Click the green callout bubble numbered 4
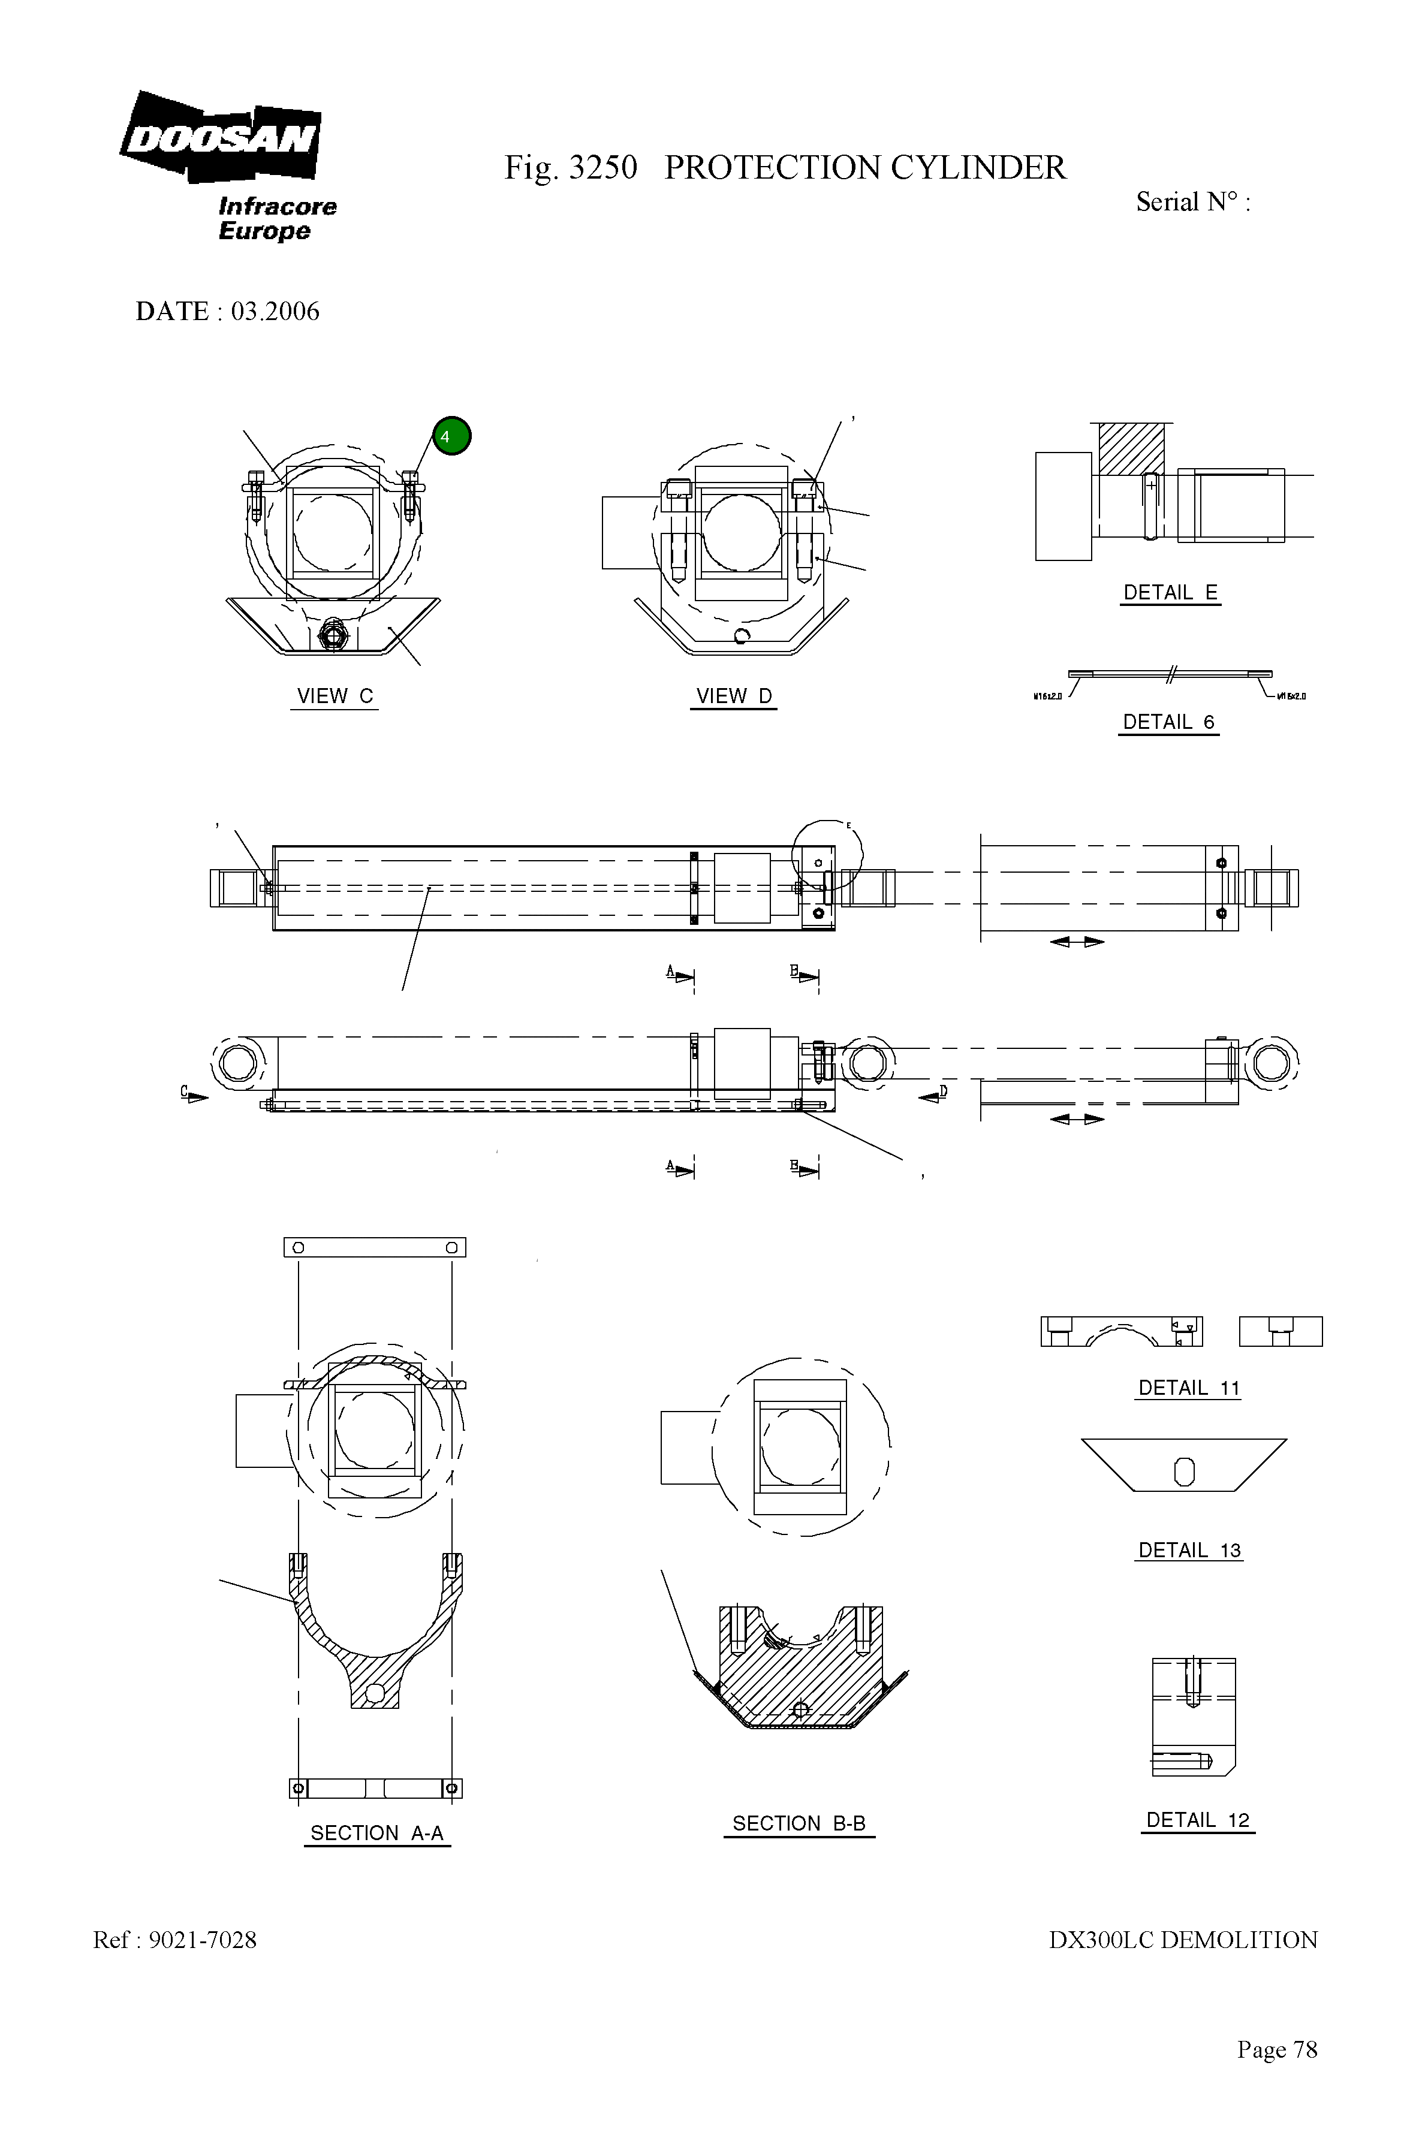pyautogui.click(x=451, y=436)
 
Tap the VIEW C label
pyautogui.click(x=335, y=696)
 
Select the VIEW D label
pyautogui.click(x=734, y=696)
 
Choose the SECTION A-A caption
pyautogui.click(x=376, y=1833)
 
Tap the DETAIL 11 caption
pyautogui.click(x=1188, y=1388)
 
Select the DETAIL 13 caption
pyautogui.click(x=1189, y=1549)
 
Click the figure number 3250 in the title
pyautogui.click(x=602, y=168)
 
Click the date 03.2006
pyautogui.click(x=275, y=311)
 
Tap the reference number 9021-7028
pyautogui.click(x=203, y=1940)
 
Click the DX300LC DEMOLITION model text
pyautogui.click(x=1182, y=1940)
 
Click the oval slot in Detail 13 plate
pyautogui.click(x=1183, y=1473)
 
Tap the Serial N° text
pyautogui.click(x=1192, y=202)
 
